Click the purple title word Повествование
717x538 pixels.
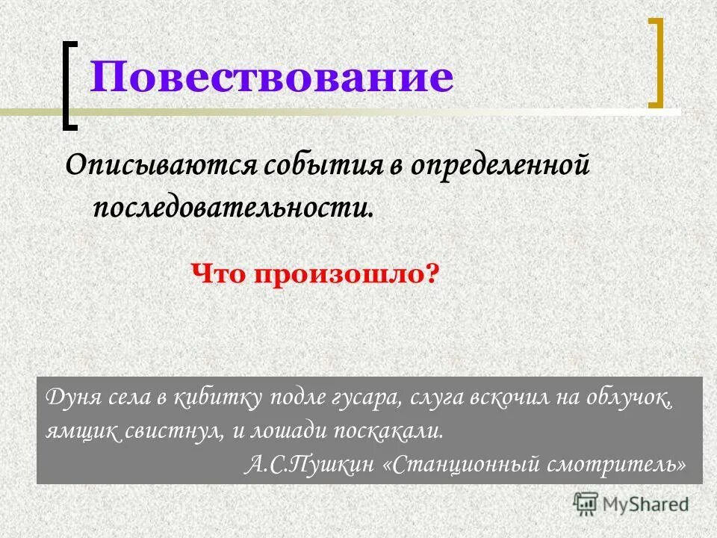click(272, 78)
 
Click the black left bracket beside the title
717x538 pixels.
click(69, 84)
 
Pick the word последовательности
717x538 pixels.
click(232, 204)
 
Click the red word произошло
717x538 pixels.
click(346, 273)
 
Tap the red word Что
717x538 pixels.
click(220, 273)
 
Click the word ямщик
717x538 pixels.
click(75, 431)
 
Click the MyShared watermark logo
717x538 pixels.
click(631, 504)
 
